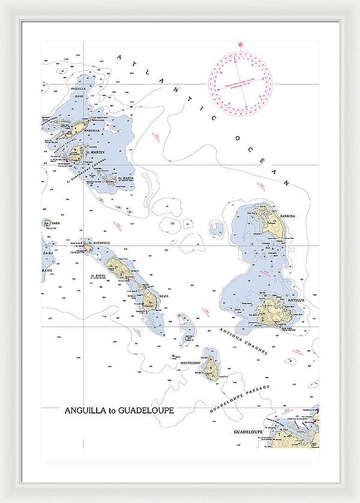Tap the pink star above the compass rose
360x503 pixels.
(241, 44)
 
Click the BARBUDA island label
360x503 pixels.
(287, 216)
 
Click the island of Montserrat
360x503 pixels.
(211, 368)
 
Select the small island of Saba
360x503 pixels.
(47, 223)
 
